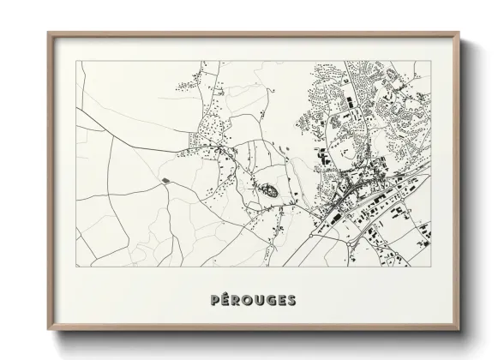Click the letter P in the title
pyautogui.click(x=213, y=300)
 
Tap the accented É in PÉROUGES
pyautogui.click(x=224, y=300)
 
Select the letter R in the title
pyautogui.click(x=235, y=300)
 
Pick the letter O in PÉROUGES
pyautogui.click(x=247, y=300)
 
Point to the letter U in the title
pyautogui.click(x=260, y=300)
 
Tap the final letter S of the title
pyautogui.click(x=293, y=300)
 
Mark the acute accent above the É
pyautogui.click(x=225, y=294)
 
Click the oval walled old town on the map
pyautogui.click(x=268, y=190)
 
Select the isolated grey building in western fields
pyautogui.click(x=164, y=179)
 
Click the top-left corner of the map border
pyautogui.click(x=77, y=60)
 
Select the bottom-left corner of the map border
pyautogui.click(x=77, y=268)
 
